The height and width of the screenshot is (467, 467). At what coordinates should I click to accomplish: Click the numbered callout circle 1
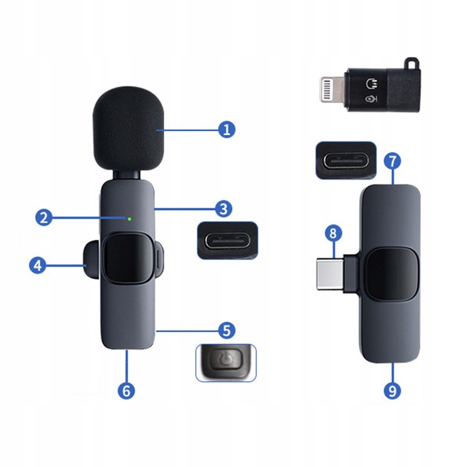226,129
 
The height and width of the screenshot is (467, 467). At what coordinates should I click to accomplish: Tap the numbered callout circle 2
43,217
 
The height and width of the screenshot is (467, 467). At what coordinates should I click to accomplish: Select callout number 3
222,208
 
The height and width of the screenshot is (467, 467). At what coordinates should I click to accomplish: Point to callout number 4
38,265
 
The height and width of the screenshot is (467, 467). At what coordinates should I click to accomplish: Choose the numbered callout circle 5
224,330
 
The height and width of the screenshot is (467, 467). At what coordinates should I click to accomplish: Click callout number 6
127,391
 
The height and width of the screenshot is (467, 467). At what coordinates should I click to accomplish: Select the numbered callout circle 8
333,232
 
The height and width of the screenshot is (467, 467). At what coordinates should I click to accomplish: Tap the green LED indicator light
129,219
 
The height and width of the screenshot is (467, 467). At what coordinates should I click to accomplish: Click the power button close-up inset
226,363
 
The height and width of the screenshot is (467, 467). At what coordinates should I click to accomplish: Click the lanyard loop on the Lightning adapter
411,64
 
